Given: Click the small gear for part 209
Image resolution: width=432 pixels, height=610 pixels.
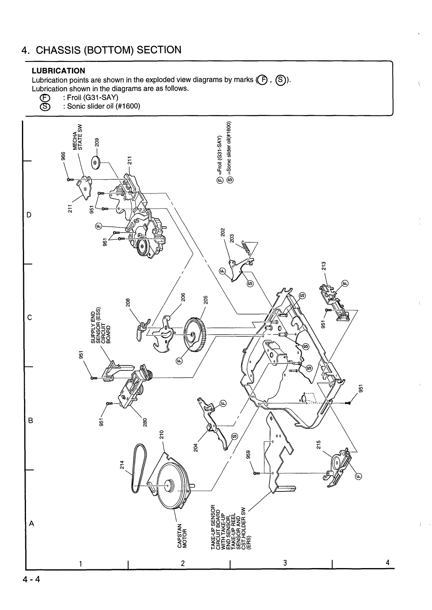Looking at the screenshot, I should [x=96, y=162].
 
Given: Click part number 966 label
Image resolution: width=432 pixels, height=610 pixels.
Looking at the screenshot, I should [x=63, y=158].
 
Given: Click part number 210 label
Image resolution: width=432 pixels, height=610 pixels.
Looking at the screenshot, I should [x=162, y=436].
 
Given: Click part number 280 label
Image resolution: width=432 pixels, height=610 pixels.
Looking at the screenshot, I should [x=145, y=422].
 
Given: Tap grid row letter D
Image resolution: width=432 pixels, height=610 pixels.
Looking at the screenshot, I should [x=29, y=215].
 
